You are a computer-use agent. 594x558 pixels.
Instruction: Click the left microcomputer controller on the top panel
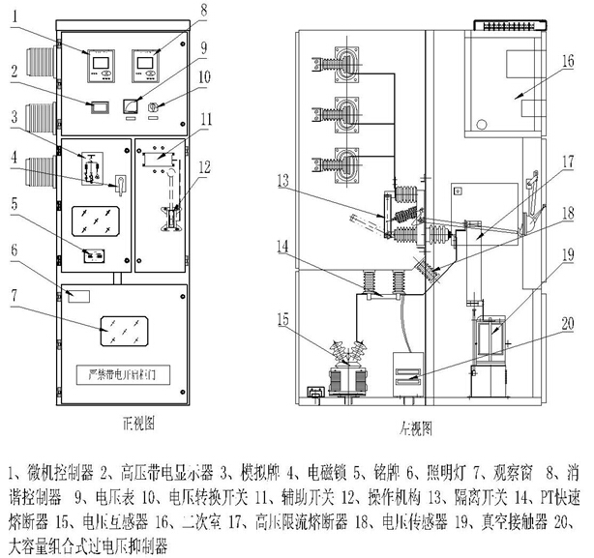click(100, 64)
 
